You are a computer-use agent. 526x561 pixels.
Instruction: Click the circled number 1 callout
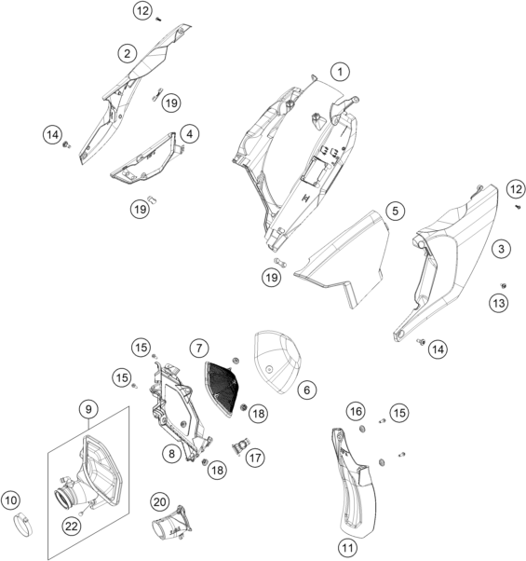(340, 72)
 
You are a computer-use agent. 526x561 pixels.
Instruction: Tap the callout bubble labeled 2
(128, 54)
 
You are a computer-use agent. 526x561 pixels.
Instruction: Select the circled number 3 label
(501, 249)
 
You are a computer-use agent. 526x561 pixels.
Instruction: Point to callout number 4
(189, 134)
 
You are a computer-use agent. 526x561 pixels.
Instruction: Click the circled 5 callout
(395, 211)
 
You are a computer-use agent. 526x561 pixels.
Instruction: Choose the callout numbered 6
(306, 390)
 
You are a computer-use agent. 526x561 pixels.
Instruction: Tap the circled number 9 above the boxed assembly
(88, 409)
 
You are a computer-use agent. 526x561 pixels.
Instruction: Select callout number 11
(347, 548)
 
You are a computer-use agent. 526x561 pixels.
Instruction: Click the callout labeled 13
(498, 304)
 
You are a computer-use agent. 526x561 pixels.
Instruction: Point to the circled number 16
(356, 412)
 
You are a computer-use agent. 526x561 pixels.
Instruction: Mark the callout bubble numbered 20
(159, 502)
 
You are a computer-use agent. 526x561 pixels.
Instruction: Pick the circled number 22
(72, 526)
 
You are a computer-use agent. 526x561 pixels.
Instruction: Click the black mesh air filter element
(222, 389)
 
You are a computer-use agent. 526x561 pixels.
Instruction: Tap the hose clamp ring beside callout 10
(23, 525)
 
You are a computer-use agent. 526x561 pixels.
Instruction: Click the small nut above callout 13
(504, 285)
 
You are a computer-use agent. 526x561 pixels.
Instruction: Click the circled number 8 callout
(171, 454)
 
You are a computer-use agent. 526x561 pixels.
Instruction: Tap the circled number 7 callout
(199, 348)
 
